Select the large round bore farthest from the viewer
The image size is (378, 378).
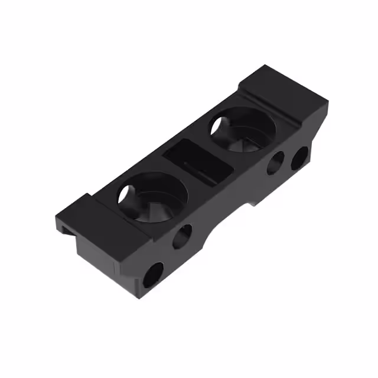pyautogui.click(x=242, y=129)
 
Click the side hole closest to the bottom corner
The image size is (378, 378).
pyautogui.click(x=152, y=275)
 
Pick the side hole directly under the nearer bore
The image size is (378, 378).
pyautogui.click(x=182, y=236)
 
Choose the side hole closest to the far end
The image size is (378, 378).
pyautogui.click(x=299, y=157)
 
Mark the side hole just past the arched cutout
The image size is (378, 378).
pyautogui.click(x=275, y=164)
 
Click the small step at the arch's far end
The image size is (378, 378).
pyautogui.click(x=253, y=202)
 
